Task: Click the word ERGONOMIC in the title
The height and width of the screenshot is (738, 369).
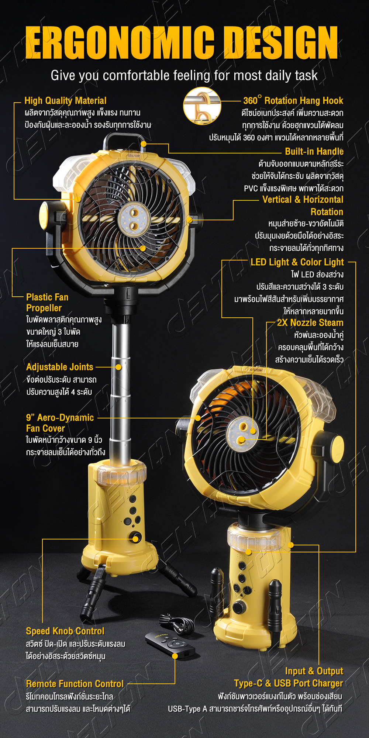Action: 120,42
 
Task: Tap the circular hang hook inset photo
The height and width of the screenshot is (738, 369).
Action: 202,106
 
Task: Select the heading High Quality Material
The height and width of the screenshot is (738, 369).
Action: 65,101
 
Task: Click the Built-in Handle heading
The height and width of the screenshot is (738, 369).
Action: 314,151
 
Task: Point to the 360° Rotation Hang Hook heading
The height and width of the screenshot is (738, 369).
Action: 293,100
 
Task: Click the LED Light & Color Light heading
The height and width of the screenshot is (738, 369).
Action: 297,262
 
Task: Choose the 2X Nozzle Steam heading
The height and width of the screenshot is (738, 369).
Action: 310,323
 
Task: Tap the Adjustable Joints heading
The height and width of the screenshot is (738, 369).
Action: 59,367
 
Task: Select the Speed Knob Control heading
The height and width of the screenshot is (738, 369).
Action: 65,631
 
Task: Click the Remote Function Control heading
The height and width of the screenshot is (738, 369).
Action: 75,684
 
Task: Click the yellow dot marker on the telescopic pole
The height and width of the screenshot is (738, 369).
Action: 118,367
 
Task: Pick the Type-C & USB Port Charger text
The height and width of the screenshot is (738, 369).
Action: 289,683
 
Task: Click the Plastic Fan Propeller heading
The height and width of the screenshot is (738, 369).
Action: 47,303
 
